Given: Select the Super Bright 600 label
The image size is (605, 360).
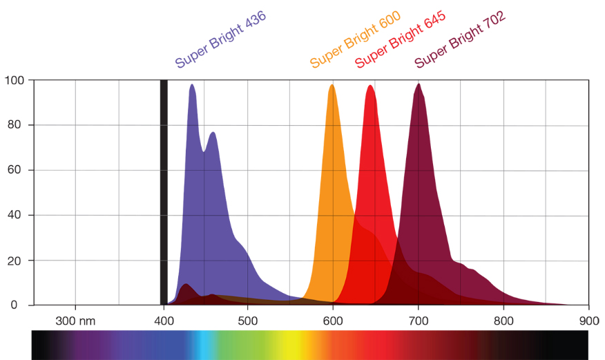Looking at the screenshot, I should pyautogui.click(x=355, y=39).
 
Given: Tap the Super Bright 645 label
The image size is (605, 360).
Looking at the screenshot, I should pyautogui.click(x=400, y=39).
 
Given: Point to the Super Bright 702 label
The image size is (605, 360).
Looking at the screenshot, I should pyautogui.click(x=460, y=39).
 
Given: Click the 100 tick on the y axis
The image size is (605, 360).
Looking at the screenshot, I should pyautogui.click(x=15, y=80).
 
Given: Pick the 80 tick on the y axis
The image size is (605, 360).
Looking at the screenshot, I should pyautogui.click(x=17, y=125).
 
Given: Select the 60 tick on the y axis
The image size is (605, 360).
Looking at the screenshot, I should pyautogui.click(x=17, y=170).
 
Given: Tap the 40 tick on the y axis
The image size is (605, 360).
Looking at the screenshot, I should pyautogui.click(x=17, y=215).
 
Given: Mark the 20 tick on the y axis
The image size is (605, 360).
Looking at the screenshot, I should pyautogui.click(x=17, y=260).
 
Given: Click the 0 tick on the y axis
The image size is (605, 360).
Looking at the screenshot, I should pyautogui.click(x=20, y=305).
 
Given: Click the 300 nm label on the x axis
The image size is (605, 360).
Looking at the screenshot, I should pyautogui.click(x=74, y=321).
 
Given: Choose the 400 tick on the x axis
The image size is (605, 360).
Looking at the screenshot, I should pyautogui.click(x=163, y=321).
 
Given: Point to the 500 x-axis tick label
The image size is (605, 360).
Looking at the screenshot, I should pyautogui.click(x=247, y=321).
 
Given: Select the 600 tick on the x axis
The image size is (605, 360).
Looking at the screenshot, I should pyautogui.click(x=333, y=321).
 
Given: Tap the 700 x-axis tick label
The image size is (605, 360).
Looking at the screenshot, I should pyautogui.click(x=419, y=321).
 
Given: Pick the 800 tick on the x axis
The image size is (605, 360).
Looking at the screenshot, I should pyautogui.click(x=504, y=321).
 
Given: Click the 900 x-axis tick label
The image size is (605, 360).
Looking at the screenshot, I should pyautogui.click(x=589, y=321).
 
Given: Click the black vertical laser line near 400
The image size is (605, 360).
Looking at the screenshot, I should pyautogui.click(x=164, y=193).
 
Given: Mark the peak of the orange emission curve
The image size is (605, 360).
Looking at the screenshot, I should pyautogui.click(x=332, y=85).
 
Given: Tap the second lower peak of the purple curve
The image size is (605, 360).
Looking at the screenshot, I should pyautogui.click(x=213, y=133).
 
